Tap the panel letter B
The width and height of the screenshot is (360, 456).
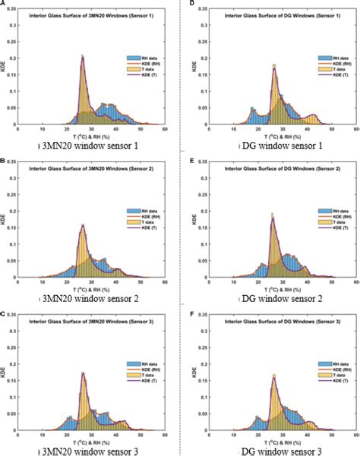click(4, 160)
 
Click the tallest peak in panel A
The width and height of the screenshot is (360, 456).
click(82, 55)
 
